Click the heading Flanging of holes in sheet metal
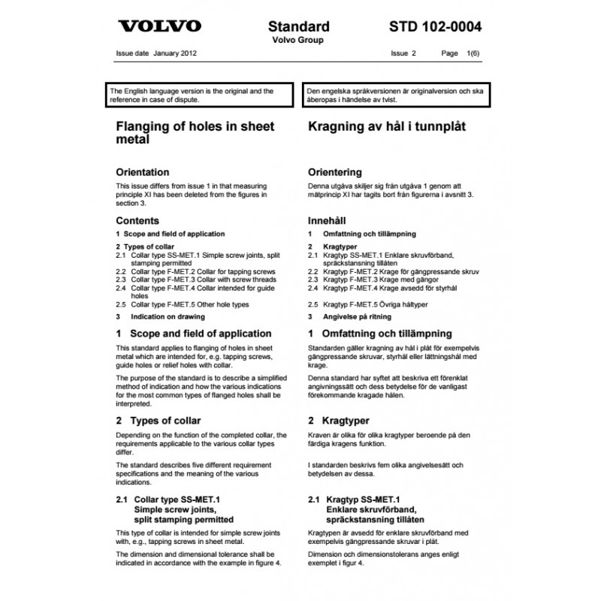195,133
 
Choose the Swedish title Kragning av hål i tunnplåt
387,126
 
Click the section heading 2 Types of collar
158,420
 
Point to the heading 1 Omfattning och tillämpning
379,333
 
